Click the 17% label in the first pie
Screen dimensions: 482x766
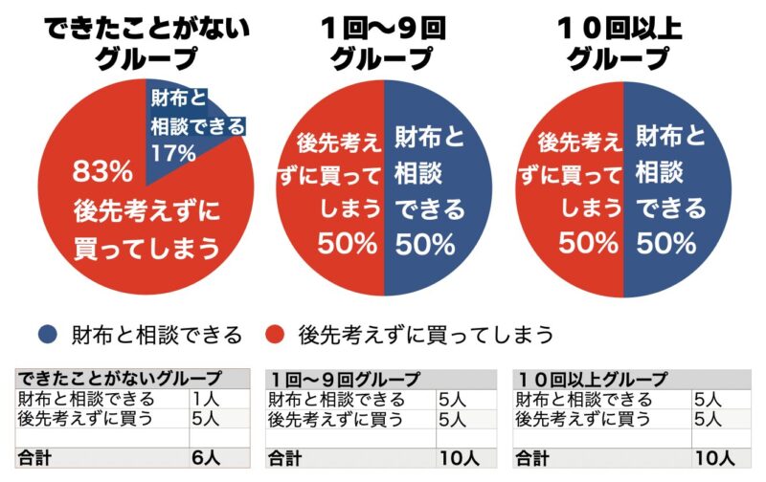point(173,152)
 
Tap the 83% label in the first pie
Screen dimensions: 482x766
point(102,172)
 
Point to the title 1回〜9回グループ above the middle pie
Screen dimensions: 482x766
point(383,44)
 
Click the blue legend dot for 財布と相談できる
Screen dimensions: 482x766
point(47,334)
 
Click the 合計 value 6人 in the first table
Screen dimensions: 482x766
point(206,457)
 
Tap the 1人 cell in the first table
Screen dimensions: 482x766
point(204,400)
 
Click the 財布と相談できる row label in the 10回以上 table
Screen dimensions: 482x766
point(584,400)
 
